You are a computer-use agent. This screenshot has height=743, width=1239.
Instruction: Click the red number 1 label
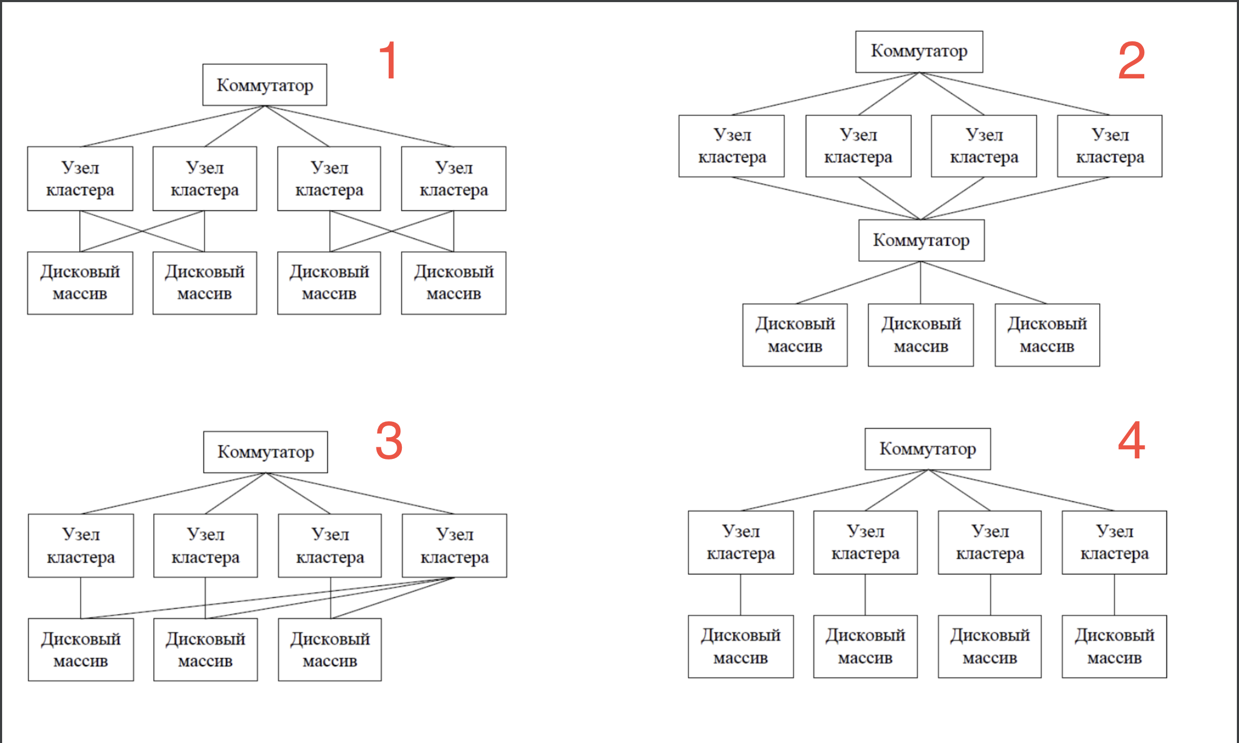click(389, 60)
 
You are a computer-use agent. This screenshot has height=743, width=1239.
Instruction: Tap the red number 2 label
click(1132, 60)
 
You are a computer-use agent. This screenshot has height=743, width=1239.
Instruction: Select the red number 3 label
click(389, 440)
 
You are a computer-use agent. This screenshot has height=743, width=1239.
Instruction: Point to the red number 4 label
click(1132, 440)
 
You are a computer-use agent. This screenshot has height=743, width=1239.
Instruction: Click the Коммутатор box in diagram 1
click(265, 85)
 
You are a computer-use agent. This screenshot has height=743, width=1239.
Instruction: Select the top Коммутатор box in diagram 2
click(919, 51)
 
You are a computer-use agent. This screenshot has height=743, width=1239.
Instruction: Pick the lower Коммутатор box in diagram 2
click(921, 240)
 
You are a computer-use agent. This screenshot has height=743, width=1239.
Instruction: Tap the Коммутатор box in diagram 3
click(265, 452)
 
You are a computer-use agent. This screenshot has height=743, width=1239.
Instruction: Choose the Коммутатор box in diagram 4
click(928, 449)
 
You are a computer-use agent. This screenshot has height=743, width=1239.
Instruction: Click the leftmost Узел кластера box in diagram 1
click(80, 179)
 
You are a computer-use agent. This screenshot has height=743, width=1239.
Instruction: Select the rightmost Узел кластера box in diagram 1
click(454, 179)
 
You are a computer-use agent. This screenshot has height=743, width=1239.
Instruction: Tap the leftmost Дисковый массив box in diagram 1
click(80, 283)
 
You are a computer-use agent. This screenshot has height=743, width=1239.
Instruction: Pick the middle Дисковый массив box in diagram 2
click(921, 335)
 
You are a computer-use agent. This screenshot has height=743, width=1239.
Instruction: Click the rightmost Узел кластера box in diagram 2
click(1110, 146)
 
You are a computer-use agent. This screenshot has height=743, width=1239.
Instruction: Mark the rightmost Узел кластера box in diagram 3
click(454, 545)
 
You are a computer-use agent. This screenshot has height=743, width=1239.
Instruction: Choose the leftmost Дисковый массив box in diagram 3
click(80, 650)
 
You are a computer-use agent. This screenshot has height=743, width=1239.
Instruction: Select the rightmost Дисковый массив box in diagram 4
click(1114, 647)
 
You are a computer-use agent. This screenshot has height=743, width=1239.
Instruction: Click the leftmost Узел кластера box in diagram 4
click(741, 542)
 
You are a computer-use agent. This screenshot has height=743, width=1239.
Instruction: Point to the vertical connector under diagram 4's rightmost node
click(1114, 595)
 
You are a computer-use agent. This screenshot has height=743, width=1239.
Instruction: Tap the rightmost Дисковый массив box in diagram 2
click(1047, 335)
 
